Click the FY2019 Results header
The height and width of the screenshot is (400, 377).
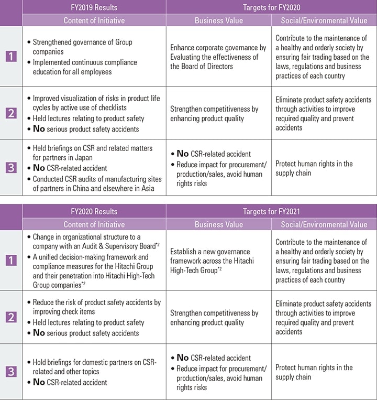tap(94, 7)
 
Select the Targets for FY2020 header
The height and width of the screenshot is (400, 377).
tap(271, 7)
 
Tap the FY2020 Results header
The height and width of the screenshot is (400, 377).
tap(94, 212)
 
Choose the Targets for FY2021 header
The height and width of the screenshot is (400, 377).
tap(271, 212)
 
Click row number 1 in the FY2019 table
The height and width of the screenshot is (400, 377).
tap(11, 56)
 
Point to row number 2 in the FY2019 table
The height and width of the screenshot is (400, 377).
tap(11, 113)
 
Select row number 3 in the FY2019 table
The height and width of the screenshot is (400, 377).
tap(11, 168)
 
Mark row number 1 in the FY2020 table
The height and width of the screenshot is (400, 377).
tap(11, 261)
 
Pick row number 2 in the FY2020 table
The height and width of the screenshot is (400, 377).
tap(11, 318)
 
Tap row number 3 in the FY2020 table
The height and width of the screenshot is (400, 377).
tap(11, 372)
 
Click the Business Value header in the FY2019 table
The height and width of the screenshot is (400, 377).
tap(219, 20)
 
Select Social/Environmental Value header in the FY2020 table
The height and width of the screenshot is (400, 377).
tap(324, 225)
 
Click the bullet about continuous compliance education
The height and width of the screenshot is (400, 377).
tap(84, 67)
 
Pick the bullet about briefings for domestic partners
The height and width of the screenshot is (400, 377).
tap(94, 366)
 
